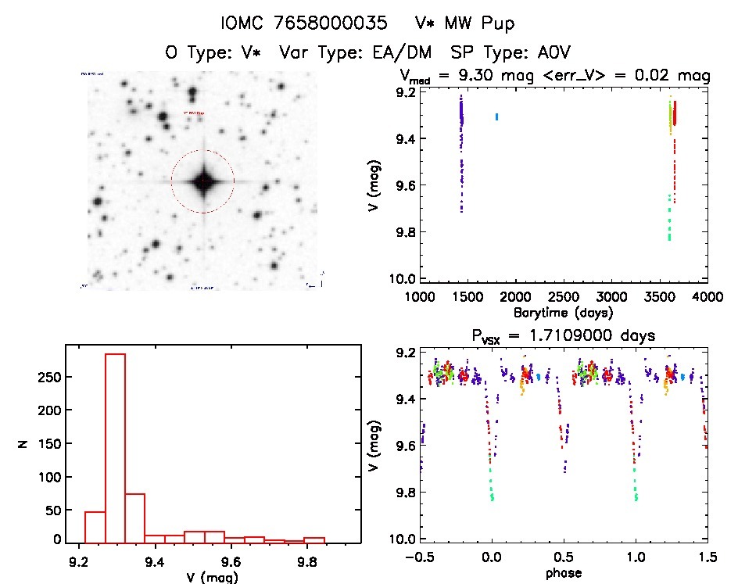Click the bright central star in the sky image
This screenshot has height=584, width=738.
[x=202, y=181]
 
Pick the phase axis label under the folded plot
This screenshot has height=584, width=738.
[x=564, y=573]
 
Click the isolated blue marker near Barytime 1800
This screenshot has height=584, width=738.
[x=496, y=116]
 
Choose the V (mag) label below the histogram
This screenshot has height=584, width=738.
[x=213, y=576]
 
